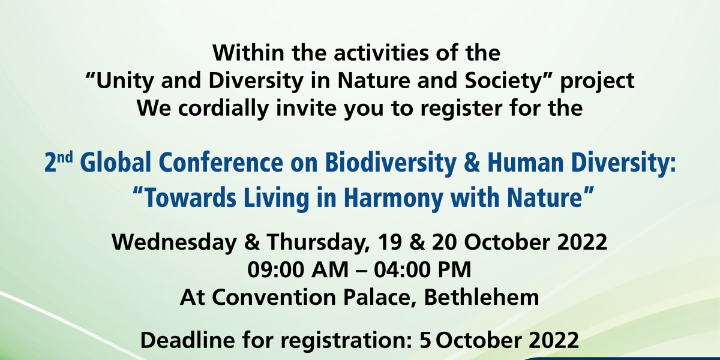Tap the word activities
(x=381, y=52)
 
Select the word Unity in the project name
(x=124, y=81)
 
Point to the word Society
(x=503, y=81)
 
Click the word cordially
(x=223, y=109)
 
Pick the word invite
(x=305, y=108)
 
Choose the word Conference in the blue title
(x=221, y=163)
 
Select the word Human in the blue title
(x=526, y=163)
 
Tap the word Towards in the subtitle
(x=190, y=197)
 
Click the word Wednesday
(x=174, y=242)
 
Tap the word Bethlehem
(x=481, y=298)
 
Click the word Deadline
(x=188, y=340)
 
